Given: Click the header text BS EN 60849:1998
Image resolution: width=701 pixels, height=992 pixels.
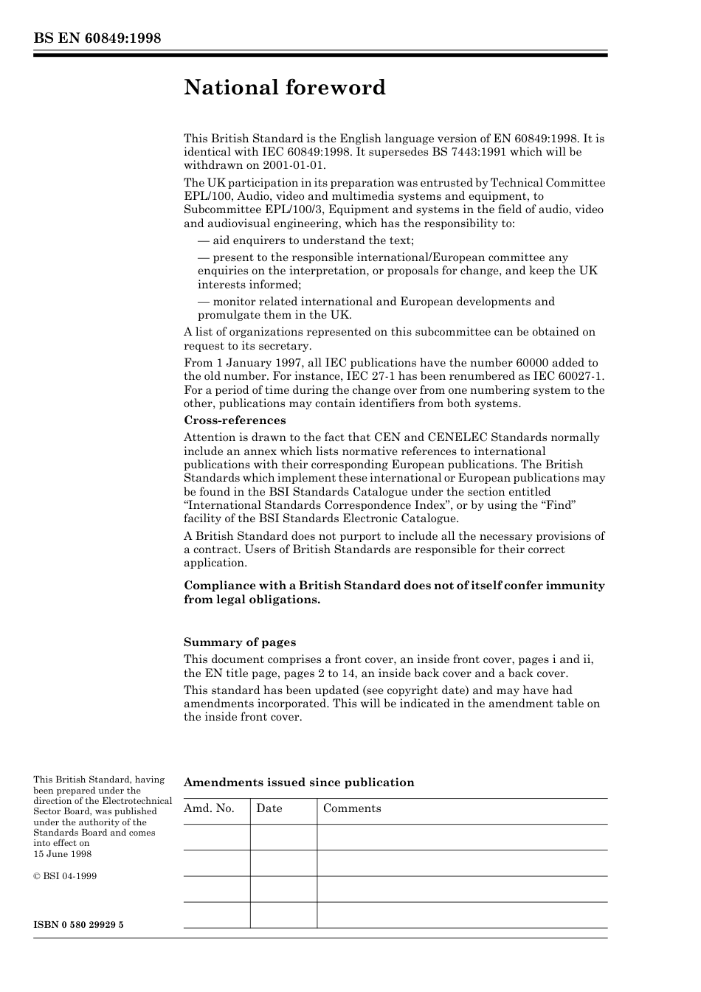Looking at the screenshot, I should pyautogui.click(x=97, y=38).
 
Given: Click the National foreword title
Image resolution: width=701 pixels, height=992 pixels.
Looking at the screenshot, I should pyautogui.click(x=285, y=88).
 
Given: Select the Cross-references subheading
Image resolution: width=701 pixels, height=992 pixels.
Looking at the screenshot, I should pyautogui.click(x=235, y=420).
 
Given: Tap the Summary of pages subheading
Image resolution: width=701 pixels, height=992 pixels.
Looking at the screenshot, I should pyautogui.click(x=240, y=642).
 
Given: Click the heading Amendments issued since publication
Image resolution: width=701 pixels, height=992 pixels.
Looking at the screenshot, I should pyautogui.click(x=299, y=783).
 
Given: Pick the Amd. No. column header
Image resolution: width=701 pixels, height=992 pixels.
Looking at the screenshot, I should pyautogui.click(x=209, y=808).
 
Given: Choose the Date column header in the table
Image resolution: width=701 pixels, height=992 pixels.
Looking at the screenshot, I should pyautogui.click(x=269, y=808).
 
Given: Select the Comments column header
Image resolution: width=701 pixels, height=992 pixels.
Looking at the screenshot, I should pyautogui.click(x=352, y=808).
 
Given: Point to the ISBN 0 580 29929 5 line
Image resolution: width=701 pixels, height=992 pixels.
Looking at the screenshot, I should pyautogui.click(x=78, y=924).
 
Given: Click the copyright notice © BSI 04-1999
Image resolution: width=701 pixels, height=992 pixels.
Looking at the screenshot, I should pyautogui.click(x=65, y=876).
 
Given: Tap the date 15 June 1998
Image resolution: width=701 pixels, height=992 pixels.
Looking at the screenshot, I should pyautogui.click(x=63, y=854).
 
